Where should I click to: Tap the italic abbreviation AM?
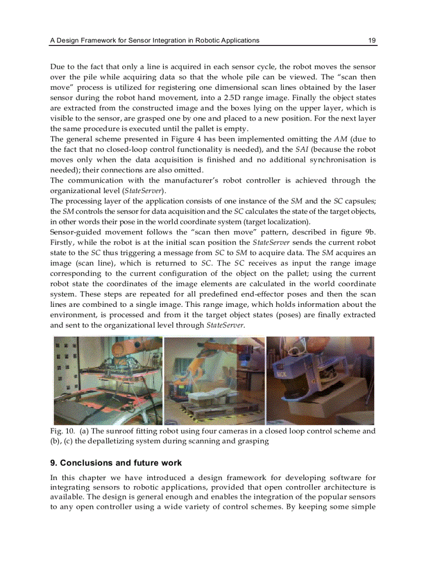pyautogui.click(x=340, y=139)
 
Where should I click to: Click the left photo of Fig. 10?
pyautogui.click(x=108, y=380)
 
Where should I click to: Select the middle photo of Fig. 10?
pyautogui.click(x=215, y=380)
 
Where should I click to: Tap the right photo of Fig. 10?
pyautogui.click(x=320, y=380)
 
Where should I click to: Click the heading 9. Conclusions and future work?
pyautogui.click(x=115, y=463)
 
